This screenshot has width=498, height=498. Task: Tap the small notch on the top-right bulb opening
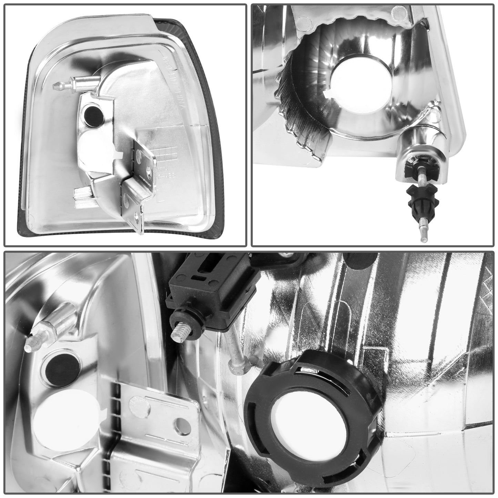coord(329,103)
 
